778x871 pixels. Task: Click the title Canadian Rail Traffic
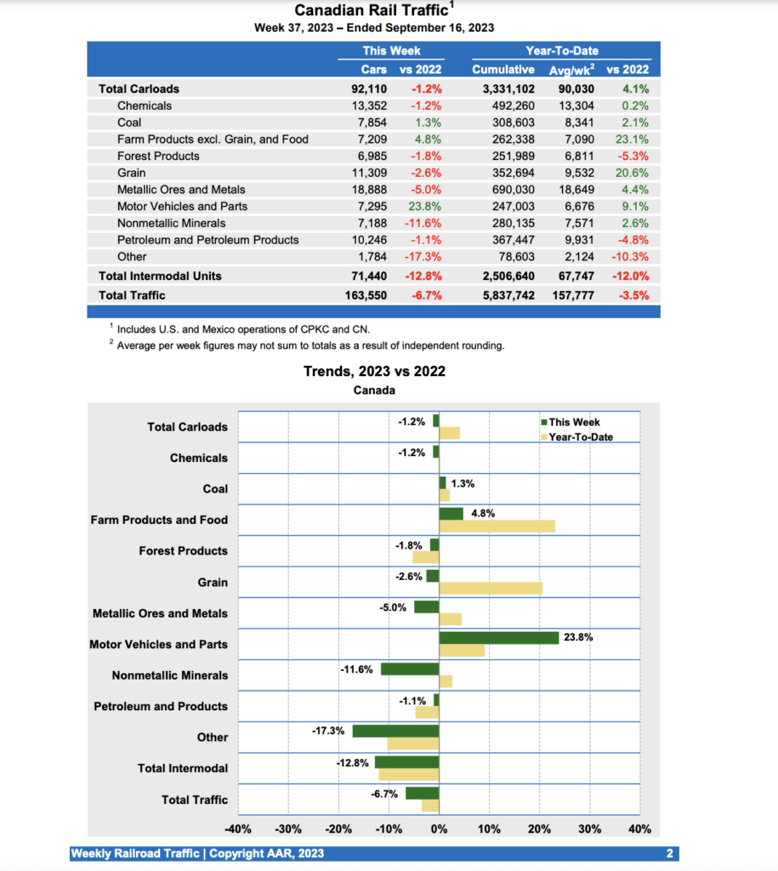pos(372,10)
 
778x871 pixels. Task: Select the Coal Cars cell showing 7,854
pos(370,122)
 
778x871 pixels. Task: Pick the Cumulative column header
pos(503,70)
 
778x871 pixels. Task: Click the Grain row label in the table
pos(131,173)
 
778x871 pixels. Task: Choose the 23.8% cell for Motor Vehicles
pos(423,206)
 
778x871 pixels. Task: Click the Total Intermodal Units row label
pos(160,276)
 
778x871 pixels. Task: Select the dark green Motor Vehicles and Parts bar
pos(498,637)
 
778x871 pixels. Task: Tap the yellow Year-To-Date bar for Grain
pos(491,589)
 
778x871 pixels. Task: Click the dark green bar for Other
pos(395,731)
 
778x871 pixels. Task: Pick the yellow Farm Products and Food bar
pos(497,527)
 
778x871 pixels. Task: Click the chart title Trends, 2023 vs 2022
pos(374,371)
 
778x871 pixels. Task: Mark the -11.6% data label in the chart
pos(357,669)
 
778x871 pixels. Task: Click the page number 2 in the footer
pos(669,853)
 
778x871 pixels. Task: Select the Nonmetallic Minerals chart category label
pos(170,675)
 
